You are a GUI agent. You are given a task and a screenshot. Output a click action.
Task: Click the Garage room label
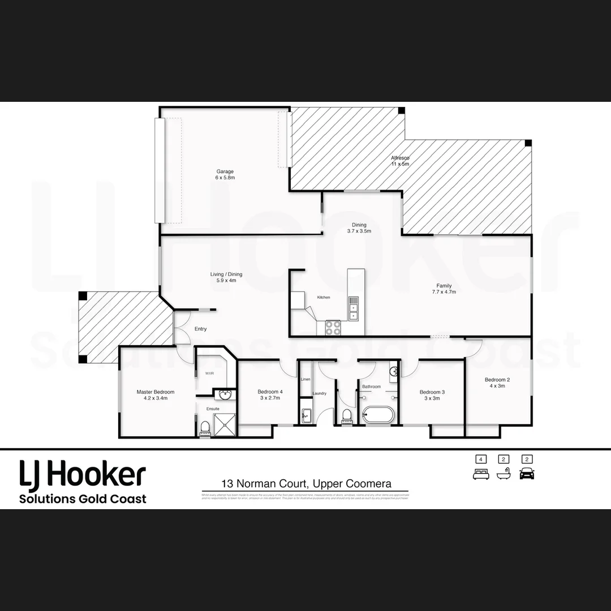tap(225, 171)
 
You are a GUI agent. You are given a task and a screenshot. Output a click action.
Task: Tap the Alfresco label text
tap(399, 158)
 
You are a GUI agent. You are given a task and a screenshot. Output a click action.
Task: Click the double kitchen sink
tap(354, 308)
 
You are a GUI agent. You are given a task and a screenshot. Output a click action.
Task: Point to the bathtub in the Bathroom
tap(381, 415)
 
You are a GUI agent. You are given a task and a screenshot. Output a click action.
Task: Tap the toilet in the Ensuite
tap(205, 428)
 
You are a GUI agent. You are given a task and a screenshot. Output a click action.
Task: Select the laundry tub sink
tap(305, 416)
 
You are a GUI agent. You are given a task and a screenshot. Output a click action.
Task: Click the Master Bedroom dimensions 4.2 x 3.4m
tap(156, 398)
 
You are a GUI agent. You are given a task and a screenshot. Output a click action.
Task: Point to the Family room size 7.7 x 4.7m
tap(444, 292)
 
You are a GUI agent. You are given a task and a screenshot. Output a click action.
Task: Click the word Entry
tap(200, 329)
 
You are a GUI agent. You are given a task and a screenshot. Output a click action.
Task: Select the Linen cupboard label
tap(305, 379)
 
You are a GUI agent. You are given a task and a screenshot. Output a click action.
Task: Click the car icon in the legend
tap(527, 474)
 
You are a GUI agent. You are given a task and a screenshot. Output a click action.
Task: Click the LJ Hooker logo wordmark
tap(83, 474)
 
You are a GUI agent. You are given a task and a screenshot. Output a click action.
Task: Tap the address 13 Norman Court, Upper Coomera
tap(305, 484)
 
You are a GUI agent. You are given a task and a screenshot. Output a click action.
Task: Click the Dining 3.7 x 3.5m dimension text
tap(359, 231)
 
